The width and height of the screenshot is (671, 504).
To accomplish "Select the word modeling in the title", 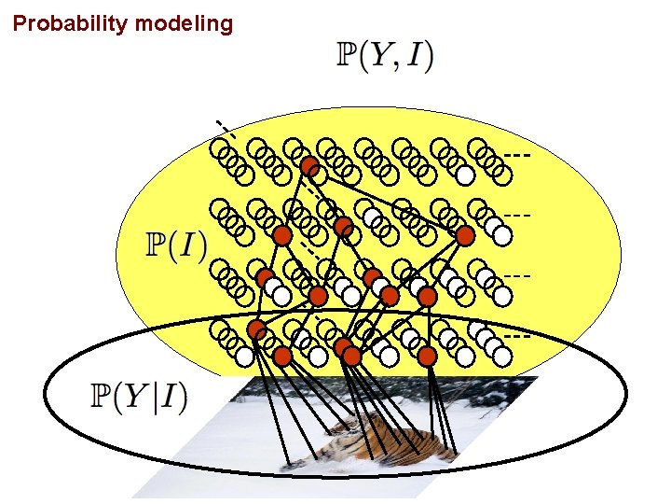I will tap(184, 23).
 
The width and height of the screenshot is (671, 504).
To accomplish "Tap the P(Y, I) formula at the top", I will tap(384, 55).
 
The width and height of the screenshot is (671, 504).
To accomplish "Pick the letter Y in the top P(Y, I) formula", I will tap(382, 55).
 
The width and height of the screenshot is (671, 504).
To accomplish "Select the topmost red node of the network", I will tap(308, 167).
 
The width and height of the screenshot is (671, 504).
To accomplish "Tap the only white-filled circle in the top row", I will tap(464, 173).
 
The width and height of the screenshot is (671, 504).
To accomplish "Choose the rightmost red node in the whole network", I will tap(465, 237).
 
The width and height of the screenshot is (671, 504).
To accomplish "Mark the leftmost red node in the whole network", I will tap(256, 329).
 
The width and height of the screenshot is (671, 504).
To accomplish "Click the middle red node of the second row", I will tap(343, 225).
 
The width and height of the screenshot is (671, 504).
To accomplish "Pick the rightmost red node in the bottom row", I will tap(427, 356).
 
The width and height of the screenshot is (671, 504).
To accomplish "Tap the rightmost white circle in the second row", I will tap(501, 235).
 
